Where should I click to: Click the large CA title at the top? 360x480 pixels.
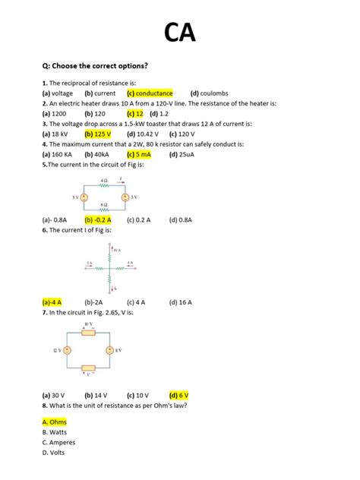180,32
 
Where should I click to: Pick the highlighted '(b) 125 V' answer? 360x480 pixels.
98,133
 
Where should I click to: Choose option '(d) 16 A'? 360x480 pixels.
181,302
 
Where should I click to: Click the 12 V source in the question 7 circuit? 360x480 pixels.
67,350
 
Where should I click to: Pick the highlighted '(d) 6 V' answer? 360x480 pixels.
179,395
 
